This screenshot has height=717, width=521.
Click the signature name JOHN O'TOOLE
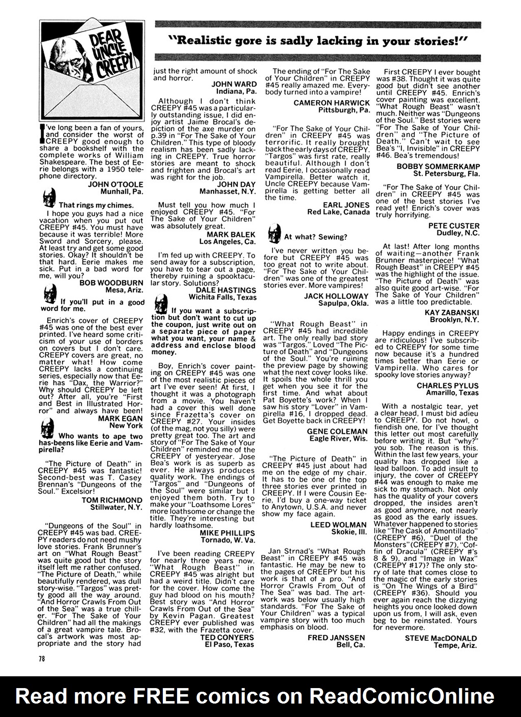click(x=115, y=184)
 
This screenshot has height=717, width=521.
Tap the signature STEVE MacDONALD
click(x=440, y=638)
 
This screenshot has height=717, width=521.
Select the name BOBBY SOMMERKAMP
click(x=438, y=167)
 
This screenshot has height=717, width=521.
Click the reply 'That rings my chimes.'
click(x=96, y=205)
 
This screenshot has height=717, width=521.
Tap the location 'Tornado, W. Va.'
click(x=228, y=540)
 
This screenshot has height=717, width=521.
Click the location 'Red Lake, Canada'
click(x=339, y=212)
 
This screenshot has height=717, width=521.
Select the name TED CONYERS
click(x=227, y=637)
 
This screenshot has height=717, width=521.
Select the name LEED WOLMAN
click(x=338, y=525)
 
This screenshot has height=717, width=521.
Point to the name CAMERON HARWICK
click(x=332, y=103)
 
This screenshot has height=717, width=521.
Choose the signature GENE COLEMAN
click(x=337, y=431)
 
